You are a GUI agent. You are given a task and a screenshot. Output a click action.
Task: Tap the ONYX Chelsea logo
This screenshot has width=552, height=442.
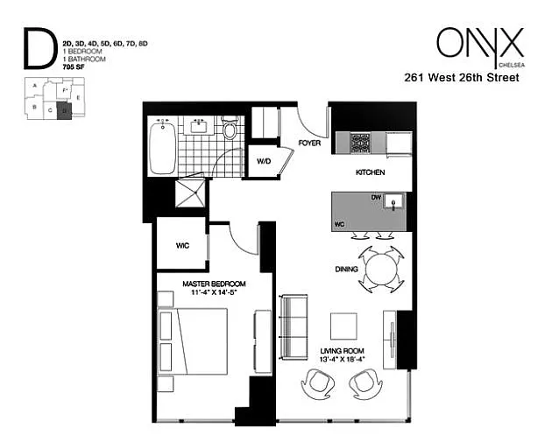(479, 45)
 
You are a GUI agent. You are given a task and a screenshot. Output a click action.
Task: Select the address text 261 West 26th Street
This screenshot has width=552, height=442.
(462, 77)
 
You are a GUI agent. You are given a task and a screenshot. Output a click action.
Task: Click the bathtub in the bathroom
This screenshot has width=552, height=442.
(163, 148)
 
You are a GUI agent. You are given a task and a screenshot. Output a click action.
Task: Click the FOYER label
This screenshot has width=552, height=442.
(309, 142)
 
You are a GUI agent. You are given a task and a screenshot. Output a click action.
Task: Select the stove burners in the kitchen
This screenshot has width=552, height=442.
(360, 143)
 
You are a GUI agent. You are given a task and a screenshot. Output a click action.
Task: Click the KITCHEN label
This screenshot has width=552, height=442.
(370, 173)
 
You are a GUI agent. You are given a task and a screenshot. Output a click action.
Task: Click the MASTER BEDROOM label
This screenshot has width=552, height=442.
(214, 284)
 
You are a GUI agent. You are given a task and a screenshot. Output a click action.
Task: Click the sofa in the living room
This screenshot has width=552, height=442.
(294, 329)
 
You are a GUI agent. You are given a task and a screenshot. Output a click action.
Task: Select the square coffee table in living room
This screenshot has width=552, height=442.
(343, 326)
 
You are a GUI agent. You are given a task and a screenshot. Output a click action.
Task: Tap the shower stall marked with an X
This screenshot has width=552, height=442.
(192, 193)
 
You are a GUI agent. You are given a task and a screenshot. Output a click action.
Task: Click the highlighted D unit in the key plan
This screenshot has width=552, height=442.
(63, 109)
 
